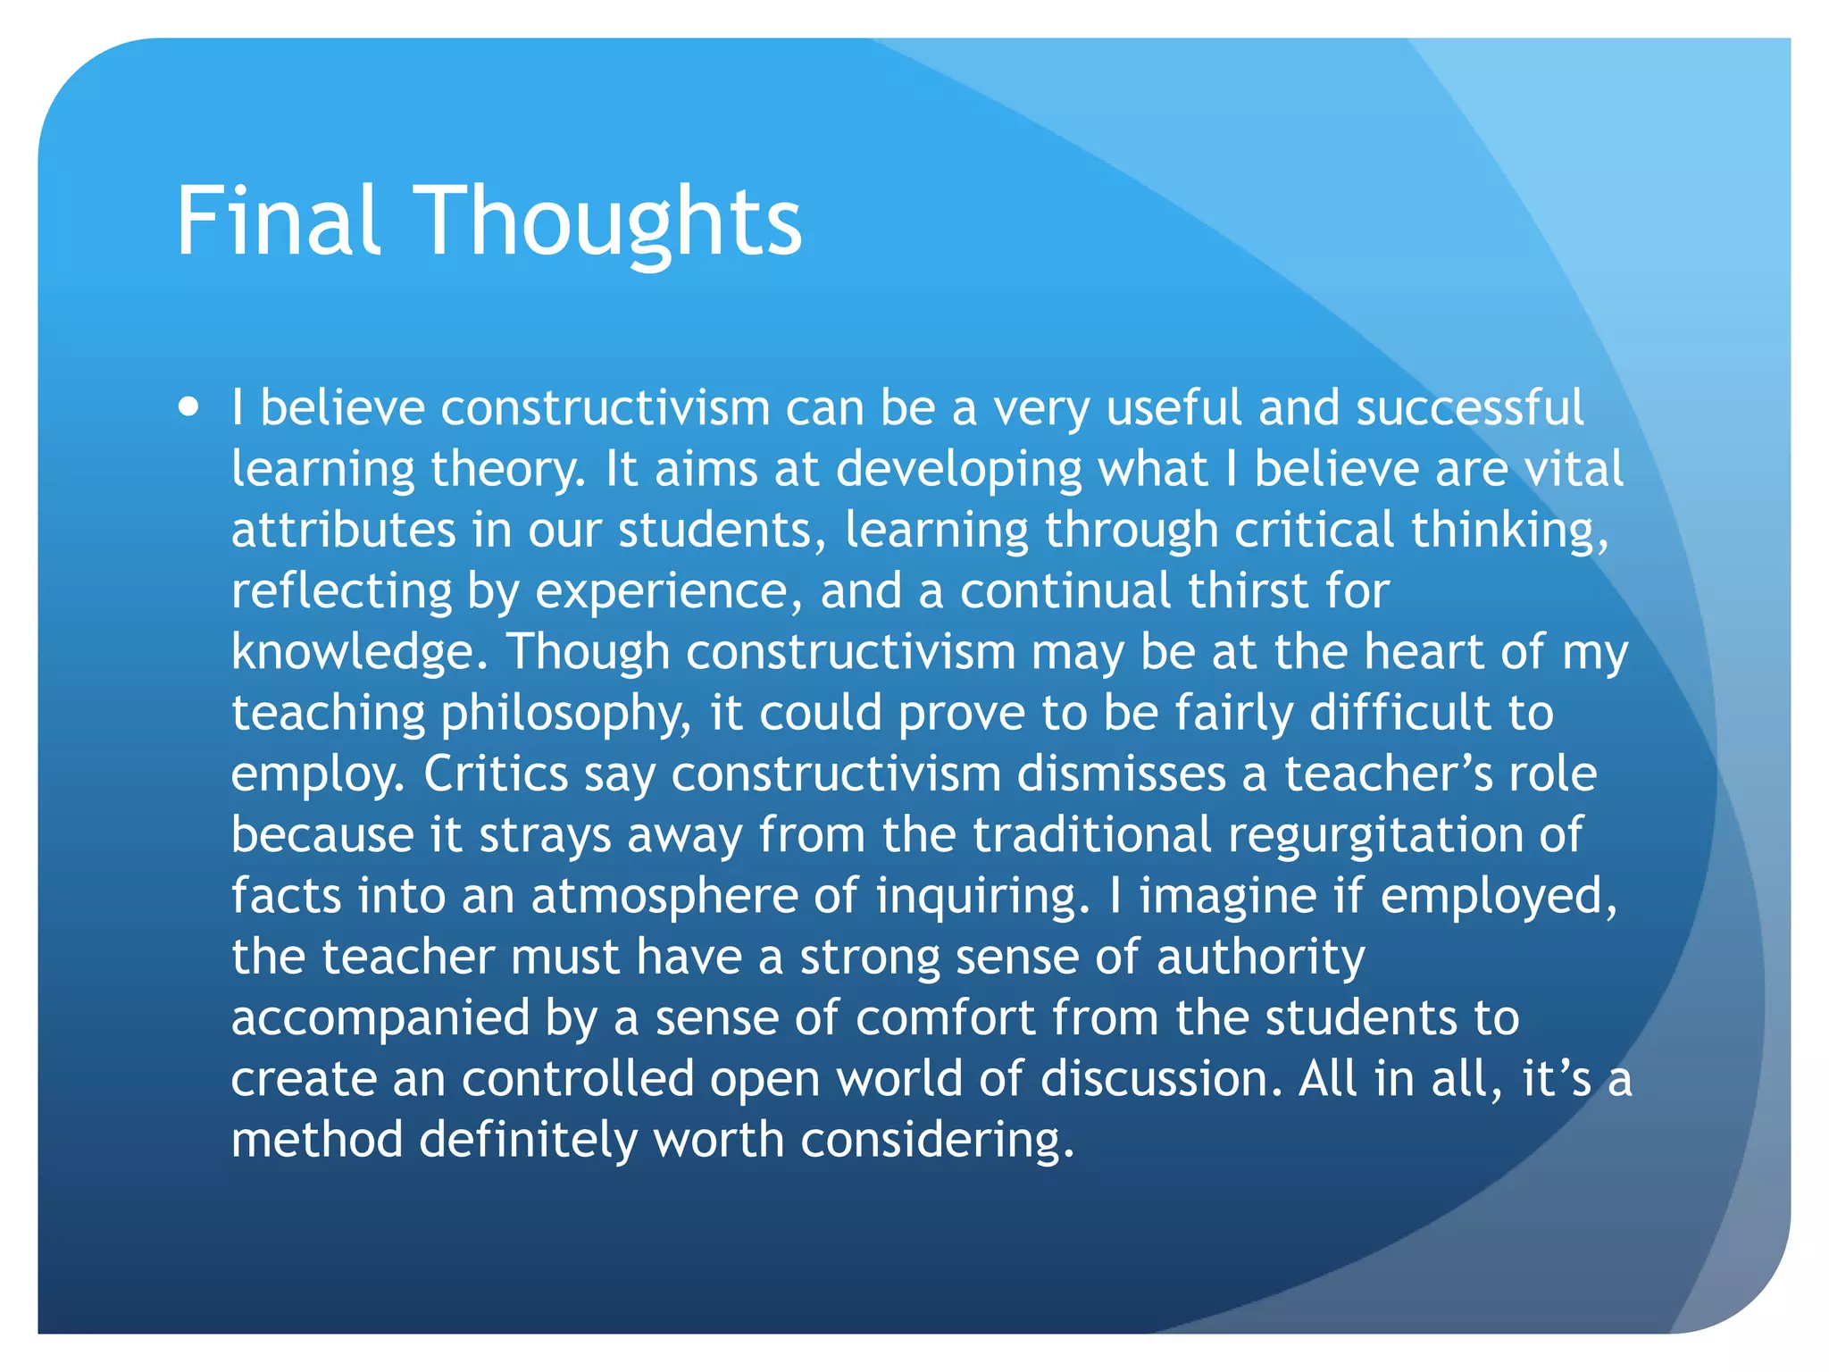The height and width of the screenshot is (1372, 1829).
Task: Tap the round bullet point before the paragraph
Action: point(188,408)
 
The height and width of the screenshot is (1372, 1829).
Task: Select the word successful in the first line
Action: point(1469,408)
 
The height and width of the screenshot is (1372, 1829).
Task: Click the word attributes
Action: point(343,530)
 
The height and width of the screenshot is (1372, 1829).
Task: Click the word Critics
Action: point(496,774)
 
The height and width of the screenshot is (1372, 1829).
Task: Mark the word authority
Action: point(1260,957)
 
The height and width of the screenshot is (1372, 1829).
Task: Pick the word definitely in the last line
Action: point(528,1140)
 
